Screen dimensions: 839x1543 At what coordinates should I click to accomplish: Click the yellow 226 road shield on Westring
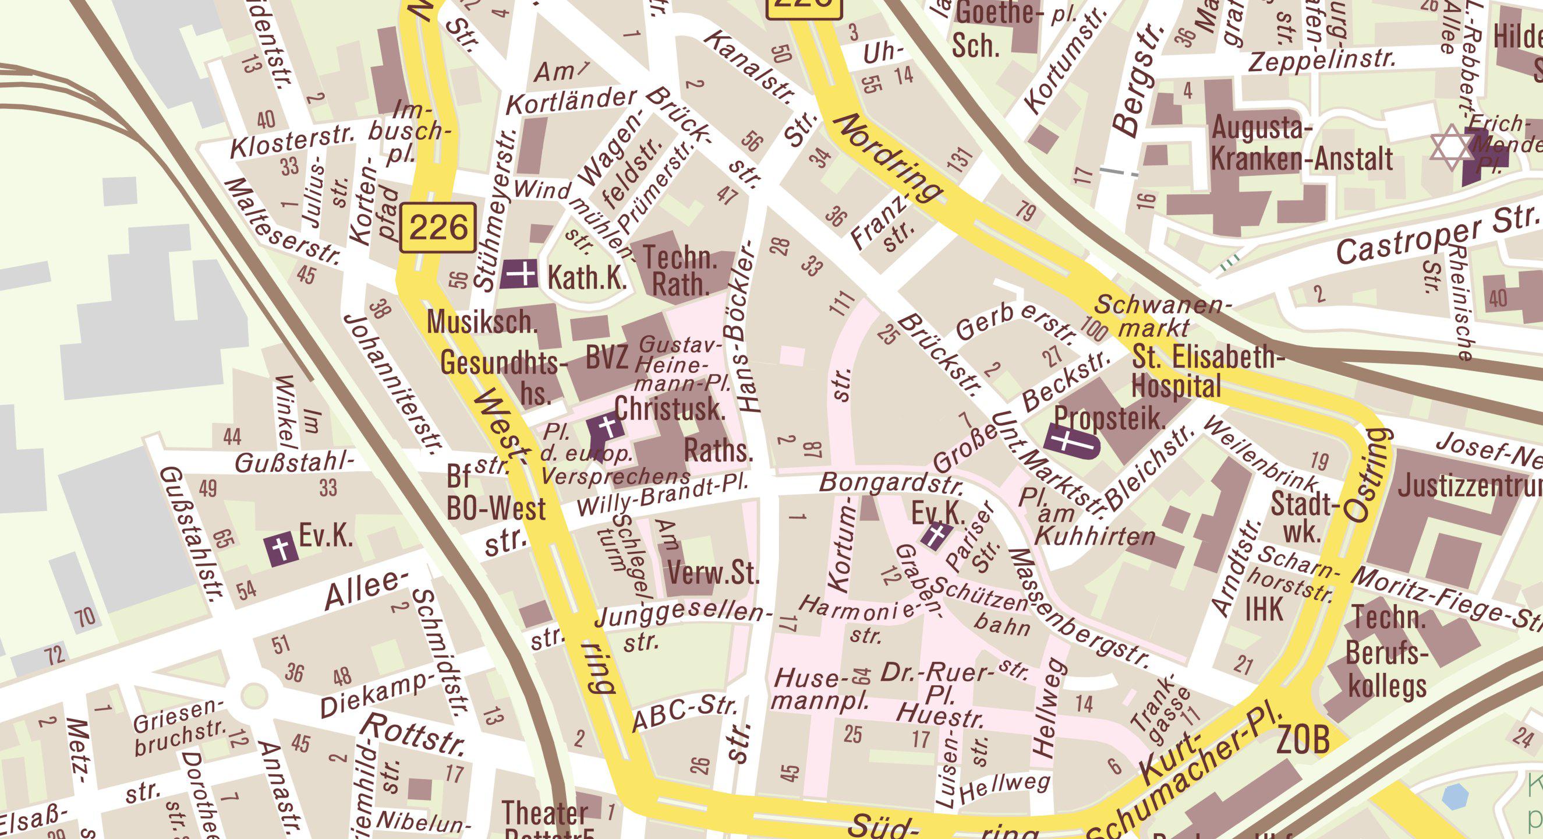pos(438,228)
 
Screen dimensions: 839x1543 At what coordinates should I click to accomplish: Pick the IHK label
pos(1264,609)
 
